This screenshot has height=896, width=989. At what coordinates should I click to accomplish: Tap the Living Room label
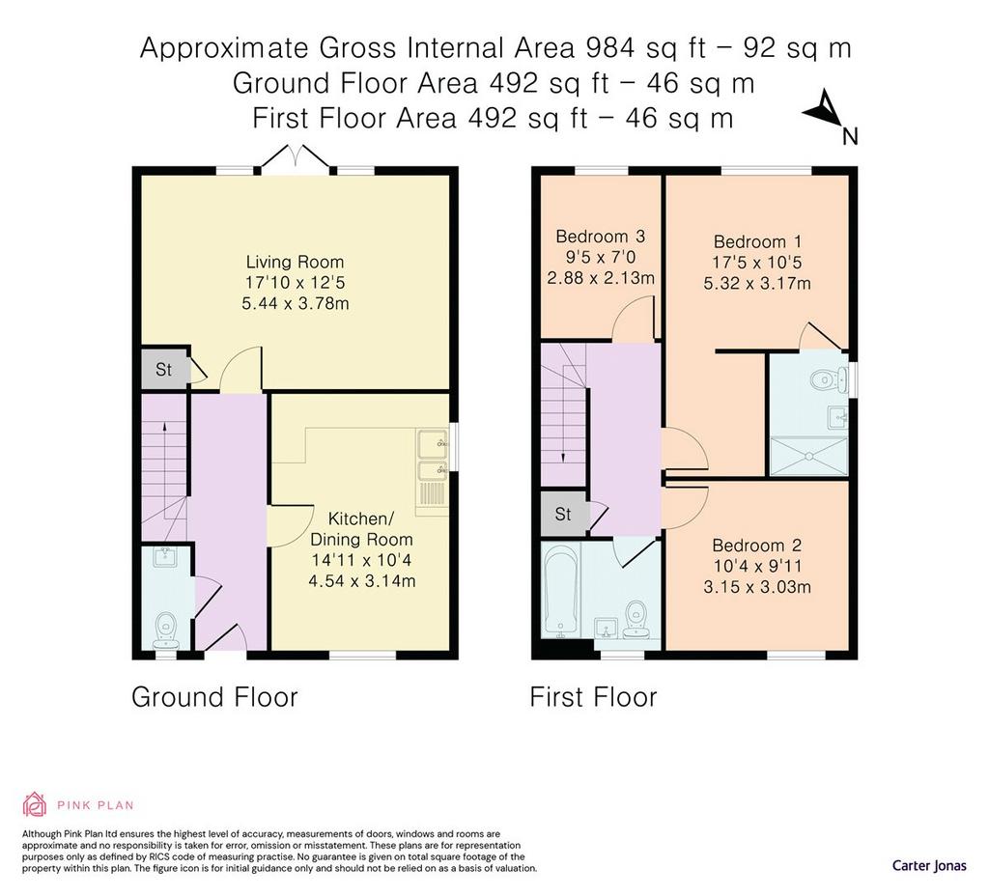pyautogui.click(x=295, y=262)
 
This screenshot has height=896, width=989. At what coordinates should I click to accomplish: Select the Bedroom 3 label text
pyautogui.click(x=600, y=237)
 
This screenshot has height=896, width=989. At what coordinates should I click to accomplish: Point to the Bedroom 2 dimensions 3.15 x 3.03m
pyautogui.click(x=757, y=587)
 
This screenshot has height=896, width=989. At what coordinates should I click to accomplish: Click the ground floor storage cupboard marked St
pyautogui.click(x=164, y=369)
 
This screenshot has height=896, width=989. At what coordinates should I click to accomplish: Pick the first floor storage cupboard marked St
pyautogui.click(x=563, y=515)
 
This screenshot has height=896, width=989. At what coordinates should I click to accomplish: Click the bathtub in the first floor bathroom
pyautogui.click(x=561, y=592)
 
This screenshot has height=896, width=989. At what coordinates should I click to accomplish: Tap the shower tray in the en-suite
pyautogui.click(x=808, y=457)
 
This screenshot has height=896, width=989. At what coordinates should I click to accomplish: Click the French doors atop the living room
pyautogui.click(x=295, y=158)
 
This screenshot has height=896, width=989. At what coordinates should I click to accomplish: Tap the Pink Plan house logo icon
pyautogui.click(x=35, y=804)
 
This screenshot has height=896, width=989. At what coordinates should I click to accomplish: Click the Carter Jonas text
pyautogui.click(x=929, y=866)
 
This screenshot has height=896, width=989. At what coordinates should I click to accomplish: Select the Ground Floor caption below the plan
pyautogui.click(x=214, y=697)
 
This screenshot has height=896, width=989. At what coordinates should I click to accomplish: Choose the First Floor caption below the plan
pyautogui.click(x=594, y=697)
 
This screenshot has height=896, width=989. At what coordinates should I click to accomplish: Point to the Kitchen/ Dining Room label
pyautogui.click(x=361, y=529)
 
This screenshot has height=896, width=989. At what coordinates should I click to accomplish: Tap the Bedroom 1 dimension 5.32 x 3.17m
pyautogui.click(x=757, y=283)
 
